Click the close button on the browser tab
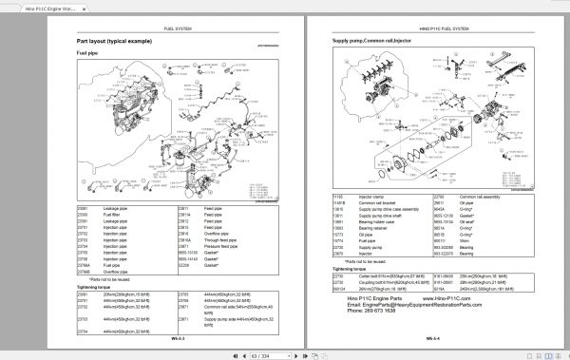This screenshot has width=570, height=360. tap(100, 8)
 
